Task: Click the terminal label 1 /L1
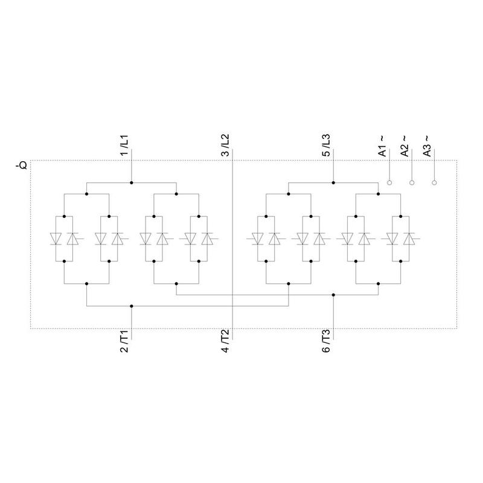pos(124,145)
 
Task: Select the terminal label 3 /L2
pos(225,145)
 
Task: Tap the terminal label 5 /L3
pos(326,145)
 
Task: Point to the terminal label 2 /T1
pos(124,341)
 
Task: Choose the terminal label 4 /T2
pos(225,341)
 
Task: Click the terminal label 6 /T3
pos(326,341)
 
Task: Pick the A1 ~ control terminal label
pos(382,146)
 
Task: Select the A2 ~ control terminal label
pos(405,146)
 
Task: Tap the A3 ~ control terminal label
pos(427,146)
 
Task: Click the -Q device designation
pos(22,165)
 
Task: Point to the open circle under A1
pos(389,183)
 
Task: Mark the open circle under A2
pos(412,183)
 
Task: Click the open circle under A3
pos(434,183)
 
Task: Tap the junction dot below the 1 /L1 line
pos(132,183)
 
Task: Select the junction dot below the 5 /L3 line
pos(333,183)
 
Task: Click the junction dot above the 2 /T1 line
pos(132,306)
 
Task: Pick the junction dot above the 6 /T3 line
pos(333,295)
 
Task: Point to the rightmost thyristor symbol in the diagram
pos(410,238)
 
